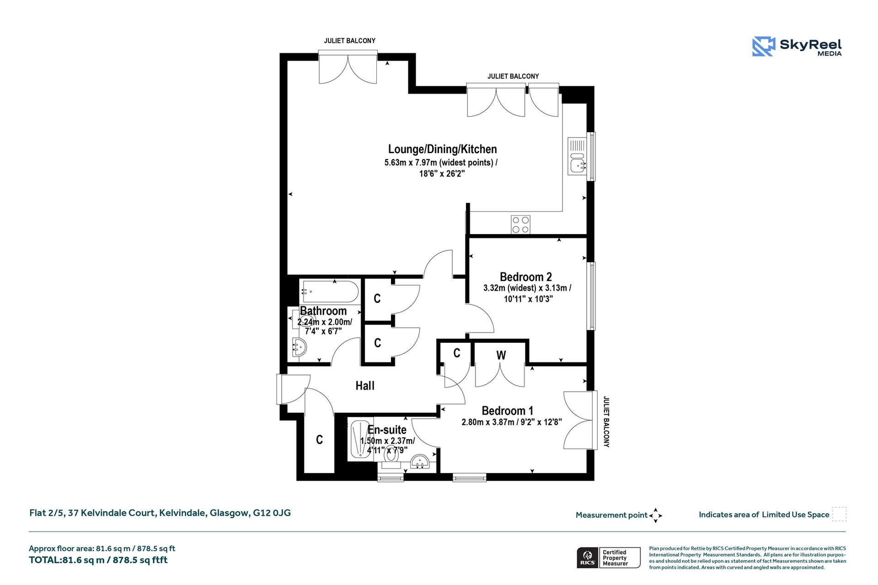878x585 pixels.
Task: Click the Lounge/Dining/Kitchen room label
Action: [x=442, y=149]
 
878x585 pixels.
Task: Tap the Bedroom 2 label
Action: [x=526, y=277]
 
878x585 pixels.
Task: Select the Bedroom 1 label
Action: [x=508, y=411]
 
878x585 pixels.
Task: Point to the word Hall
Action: [x=365, y=386]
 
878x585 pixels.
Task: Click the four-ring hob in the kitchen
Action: [x=521, y=224]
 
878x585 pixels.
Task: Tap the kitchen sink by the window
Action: [x=578, y=156]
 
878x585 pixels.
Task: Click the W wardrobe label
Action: [x=501, y=355]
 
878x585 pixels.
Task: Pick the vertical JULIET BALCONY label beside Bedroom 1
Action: [x=606, y=421]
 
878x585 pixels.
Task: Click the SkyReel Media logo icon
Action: [x=764, y=46]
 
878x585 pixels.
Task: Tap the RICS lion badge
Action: [x=588, y=558]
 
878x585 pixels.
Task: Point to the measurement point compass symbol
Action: [x=655, y=516]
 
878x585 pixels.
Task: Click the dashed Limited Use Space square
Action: [x=839, y=514]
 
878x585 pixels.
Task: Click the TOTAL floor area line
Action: [x=98, y=560]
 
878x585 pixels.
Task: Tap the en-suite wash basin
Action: [x=420, y=462]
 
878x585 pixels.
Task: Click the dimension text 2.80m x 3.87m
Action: [x=488, y=422]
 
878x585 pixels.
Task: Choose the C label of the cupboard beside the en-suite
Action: [x=319, y=440]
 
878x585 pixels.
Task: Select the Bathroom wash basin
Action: [x=300, y=348]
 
